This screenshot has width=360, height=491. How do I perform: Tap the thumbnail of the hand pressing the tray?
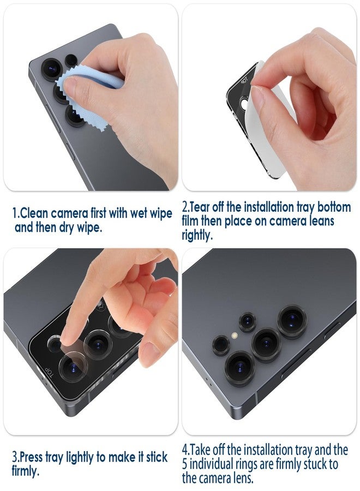click(90, 333)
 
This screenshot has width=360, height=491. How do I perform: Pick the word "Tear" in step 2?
click(207, 207)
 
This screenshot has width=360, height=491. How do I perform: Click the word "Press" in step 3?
click(34, 456)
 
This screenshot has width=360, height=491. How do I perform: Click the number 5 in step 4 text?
click(186, 464)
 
